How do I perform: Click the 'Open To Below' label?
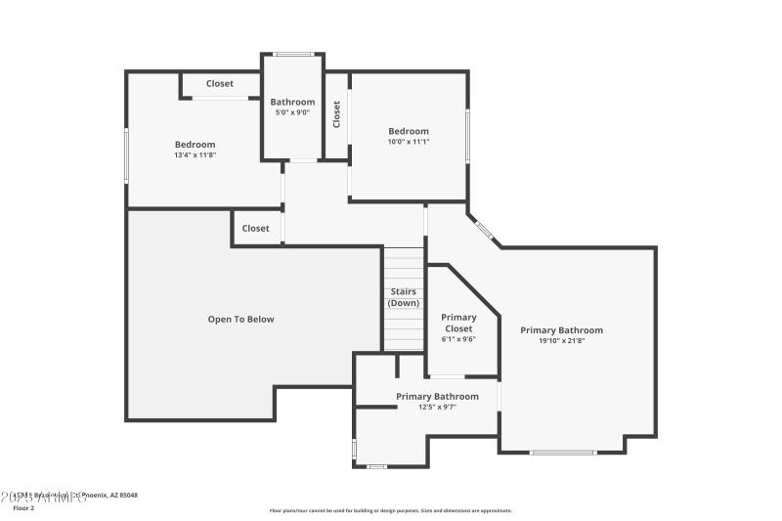(240, 320)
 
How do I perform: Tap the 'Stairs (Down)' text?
(404, 297)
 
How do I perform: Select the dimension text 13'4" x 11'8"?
(195, 155)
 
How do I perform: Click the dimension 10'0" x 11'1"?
(408, 142)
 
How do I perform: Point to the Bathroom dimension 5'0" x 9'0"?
(292, 112)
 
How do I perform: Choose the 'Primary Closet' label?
(458, 323)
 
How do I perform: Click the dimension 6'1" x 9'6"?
(458, 340)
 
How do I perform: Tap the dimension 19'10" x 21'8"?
(561, 341)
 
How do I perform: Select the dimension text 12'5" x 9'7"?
(437, 407)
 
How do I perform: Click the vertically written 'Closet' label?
(337, 114)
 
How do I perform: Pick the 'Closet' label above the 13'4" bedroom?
(220, 84)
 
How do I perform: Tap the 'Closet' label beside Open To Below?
(255, 229)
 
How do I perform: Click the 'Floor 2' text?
(23, 508)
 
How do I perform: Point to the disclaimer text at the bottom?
(390, 510)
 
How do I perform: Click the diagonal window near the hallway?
(484, 231)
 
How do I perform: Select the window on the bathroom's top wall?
(292, 54)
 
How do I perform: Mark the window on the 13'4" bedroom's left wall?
(126, 155)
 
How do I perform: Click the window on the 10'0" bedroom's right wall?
(467, 136)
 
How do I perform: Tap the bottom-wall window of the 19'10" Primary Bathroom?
(563, 452)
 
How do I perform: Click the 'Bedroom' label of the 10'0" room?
(408, 131)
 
